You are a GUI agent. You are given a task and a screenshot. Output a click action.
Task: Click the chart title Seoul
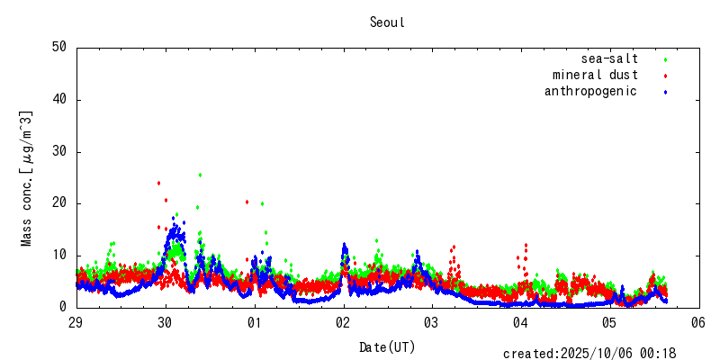pyautogui.click(x=387, y=22)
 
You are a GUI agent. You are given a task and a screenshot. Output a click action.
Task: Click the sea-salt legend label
pyautogui.click(x=609, y=59)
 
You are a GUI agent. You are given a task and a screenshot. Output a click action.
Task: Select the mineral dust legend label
pyautogui.click(x=595, y=76)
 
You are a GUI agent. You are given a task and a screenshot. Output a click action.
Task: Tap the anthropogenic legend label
pyautogui.click(x=590, y=92)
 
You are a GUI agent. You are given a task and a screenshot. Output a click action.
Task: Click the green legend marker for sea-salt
pyautogui.click(x=665, y=60)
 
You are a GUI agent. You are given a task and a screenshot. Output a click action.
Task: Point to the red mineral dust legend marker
pyautogui.click(x=665, y=76)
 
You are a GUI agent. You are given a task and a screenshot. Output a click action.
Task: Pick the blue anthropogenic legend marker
pyautogui.click(x=665, y=93)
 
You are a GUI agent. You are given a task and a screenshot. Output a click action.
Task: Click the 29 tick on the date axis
pyautogui.click(x=76, y=322)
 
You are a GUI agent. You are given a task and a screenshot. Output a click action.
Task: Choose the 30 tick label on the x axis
pyautogui.click(x=166, y=322)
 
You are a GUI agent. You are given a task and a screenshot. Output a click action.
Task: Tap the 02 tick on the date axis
pyautogui.click(x=343, y=322)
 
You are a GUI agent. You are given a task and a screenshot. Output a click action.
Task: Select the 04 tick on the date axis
pyautogui.click(x=520, y=322)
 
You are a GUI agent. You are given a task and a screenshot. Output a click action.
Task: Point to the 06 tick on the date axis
pyautogui.click(x=697, y=322)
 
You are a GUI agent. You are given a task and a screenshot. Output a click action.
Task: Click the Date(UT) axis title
pyautogui.click(x=387, y=346)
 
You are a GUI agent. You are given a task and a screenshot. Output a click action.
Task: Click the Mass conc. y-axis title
pyautogui.click(x=27, y=178)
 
